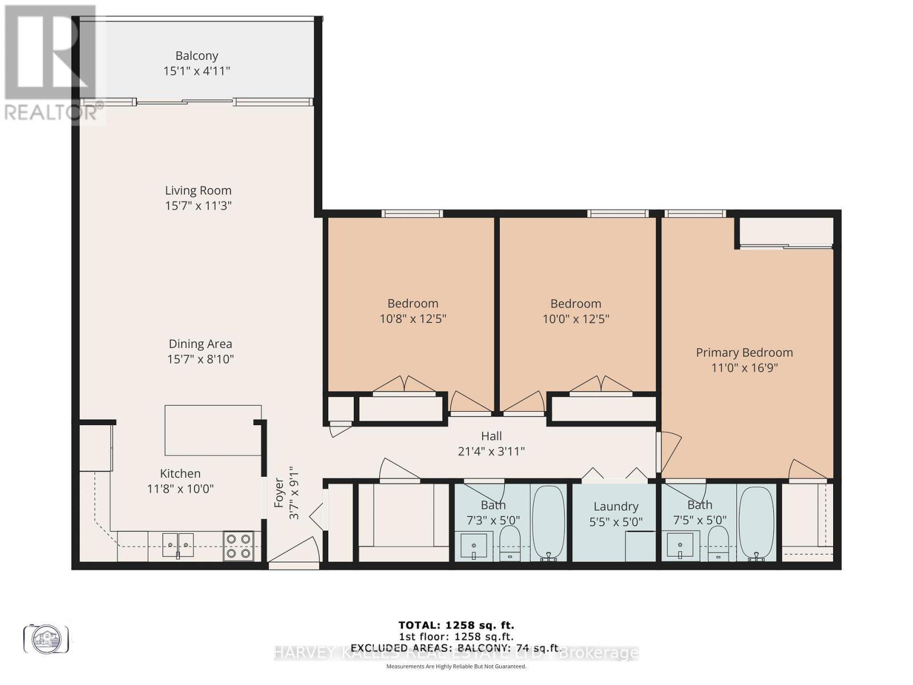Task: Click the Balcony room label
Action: (196, 56)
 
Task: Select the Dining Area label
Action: (200, 344)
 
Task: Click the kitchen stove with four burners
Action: (239, 546)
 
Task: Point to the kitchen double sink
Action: (178, 545)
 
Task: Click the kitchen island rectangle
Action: (213, 430)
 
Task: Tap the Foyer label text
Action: (279, 492)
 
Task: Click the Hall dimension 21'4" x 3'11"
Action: (491, 452)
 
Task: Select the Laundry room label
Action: (616, 506)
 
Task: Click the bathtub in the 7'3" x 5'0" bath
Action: (548, 522)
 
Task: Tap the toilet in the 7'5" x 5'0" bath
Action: (718, 543)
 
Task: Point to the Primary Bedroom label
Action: (744, 353)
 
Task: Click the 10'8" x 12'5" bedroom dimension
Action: (413, 319)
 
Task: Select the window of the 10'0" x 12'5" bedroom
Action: (618, 213)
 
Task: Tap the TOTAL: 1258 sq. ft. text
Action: (456, 625)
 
